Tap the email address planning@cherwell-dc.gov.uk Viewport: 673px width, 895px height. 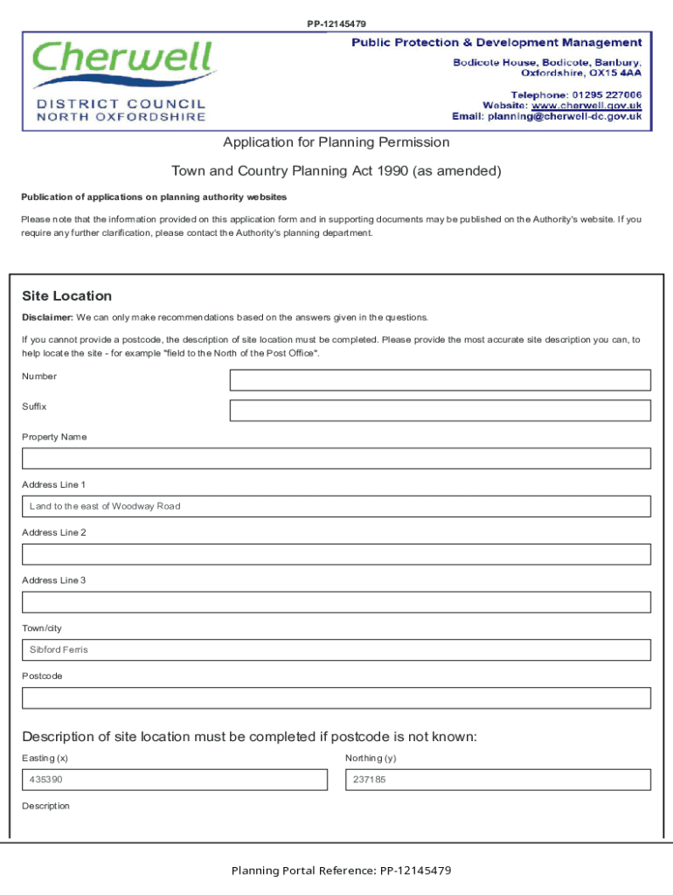565,116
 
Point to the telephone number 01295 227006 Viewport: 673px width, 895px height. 607,94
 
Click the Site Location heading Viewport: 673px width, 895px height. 66,296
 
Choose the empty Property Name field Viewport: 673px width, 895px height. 336,459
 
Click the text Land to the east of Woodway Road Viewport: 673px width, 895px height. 105,506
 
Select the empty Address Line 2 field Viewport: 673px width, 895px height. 336,554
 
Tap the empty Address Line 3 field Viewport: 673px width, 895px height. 336,602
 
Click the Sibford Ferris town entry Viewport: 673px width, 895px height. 59,650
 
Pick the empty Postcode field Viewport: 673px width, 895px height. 336,697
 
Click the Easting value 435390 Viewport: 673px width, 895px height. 45,780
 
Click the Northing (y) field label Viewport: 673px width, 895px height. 371,759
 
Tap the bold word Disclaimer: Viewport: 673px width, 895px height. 47,317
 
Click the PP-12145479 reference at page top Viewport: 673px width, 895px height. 336,24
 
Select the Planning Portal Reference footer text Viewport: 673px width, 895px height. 341,871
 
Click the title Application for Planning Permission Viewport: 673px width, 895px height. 336,142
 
